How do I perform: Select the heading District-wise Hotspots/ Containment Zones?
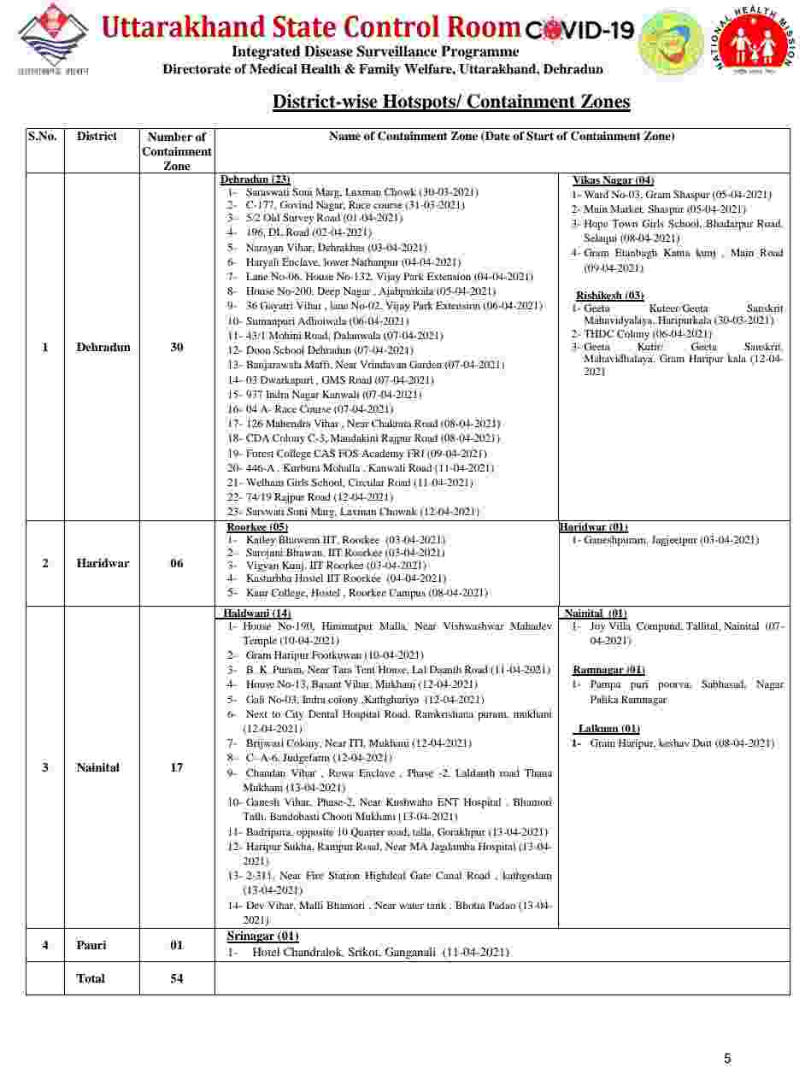[x=451, y=103]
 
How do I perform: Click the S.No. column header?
[x=43, y=137]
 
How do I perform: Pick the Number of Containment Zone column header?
[x=177, y=151]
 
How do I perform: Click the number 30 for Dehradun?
[x=176, y=348]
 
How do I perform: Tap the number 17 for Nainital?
[x=176, y=767]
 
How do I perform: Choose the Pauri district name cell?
[x=91, y=945]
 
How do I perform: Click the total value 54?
[x=176, y=978]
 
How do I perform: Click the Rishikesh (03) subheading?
[x=610, y=296]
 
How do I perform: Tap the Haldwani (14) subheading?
[x=257, y=613]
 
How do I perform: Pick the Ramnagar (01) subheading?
[x=608, y=670]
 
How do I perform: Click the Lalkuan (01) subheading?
[x=608, y=729]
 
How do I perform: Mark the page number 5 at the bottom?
[x=727, y=1059]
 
